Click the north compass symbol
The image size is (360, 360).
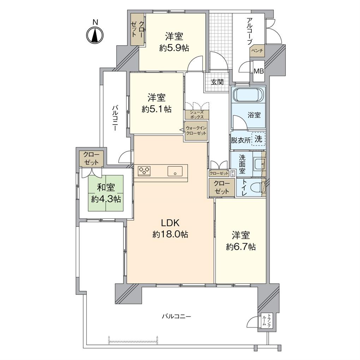point(95,35)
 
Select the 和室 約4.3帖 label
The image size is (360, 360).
point(106,193)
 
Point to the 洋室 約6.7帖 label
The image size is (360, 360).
point(241,241)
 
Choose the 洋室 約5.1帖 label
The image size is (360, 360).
point(157,103)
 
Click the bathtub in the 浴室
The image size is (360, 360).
point(248,95)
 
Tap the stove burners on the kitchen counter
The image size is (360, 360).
point(144,170)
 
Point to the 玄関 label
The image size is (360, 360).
point(217,83)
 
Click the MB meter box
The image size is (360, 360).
point(259,71)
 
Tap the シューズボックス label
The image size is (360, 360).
point(196,114)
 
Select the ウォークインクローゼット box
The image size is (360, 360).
point(196,131)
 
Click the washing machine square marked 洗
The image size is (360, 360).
point(259,139)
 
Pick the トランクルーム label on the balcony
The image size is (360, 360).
point(267,321)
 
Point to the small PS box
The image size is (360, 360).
point(233,173)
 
